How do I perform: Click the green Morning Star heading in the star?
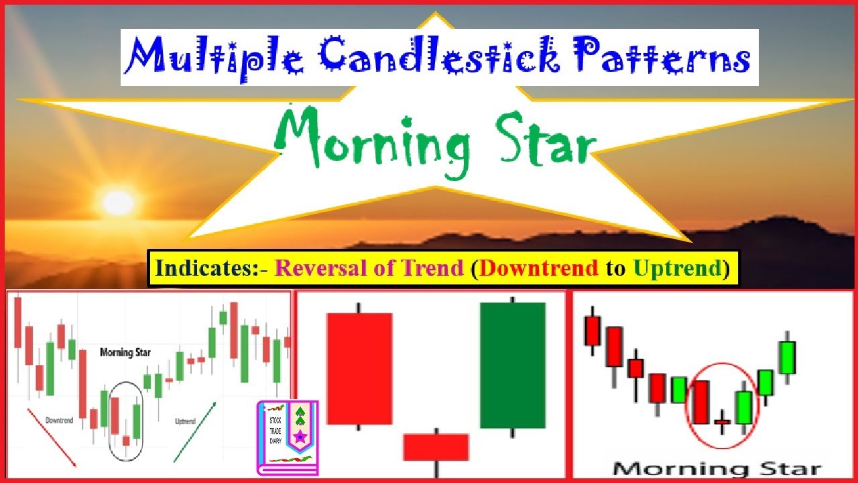coord(436,138)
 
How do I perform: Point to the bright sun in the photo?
coord(118,202)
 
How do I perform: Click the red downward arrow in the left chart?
coord(52,436)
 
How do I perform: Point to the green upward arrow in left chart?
coord(195,432)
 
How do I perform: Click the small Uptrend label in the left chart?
coord(184,421)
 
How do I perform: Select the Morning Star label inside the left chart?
coord(125,352)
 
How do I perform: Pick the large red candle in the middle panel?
coord(359,368)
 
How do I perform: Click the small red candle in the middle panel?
coord(436,447)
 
